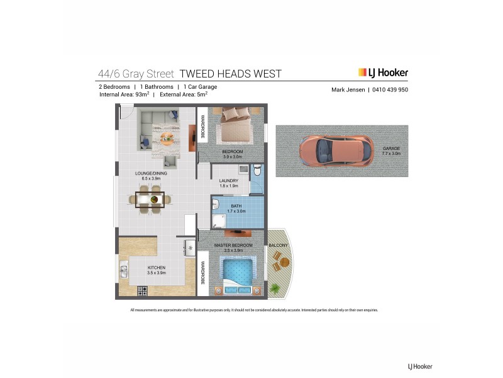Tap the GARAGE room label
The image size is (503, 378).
[390, 151]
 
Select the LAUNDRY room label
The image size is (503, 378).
[228, 183]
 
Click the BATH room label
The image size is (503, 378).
[236, 208]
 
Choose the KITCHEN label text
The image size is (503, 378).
[156, 270]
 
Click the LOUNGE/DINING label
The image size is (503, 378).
[151, 176]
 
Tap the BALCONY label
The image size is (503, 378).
[278, 245]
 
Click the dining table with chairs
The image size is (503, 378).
[150, 200]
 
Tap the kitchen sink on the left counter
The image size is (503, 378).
[124, 272]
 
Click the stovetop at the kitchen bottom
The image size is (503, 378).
[142, 291]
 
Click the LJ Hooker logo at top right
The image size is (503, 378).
[383, 72]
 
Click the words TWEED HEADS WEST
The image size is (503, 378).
[231, 74]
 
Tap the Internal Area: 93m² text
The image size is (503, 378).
[123, 95]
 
